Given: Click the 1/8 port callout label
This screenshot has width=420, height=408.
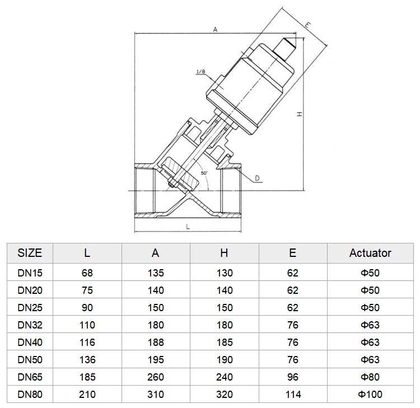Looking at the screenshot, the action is click(x=200, y=72).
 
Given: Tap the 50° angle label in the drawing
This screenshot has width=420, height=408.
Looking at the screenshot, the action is click(x=204, y=173).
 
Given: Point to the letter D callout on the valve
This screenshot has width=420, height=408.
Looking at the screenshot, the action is click(x=257, y=179).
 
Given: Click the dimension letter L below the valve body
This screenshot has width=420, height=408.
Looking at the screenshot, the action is click(x=188, y=227).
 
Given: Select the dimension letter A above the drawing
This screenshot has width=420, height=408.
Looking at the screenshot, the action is click(x=215, y=30).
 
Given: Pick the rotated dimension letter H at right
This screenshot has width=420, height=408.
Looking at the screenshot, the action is click(x=300, y=114).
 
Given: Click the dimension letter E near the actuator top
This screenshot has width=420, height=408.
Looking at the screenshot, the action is click(x=308, y=25).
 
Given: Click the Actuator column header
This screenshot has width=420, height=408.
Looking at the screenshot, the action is click(x=370, y=253).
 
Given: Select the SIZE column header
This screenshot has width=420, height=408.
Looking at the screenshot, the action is click(x=30, y=253).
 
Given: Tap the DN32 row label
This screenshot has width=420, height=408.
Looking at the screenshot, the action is click(x=30, y=325).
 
